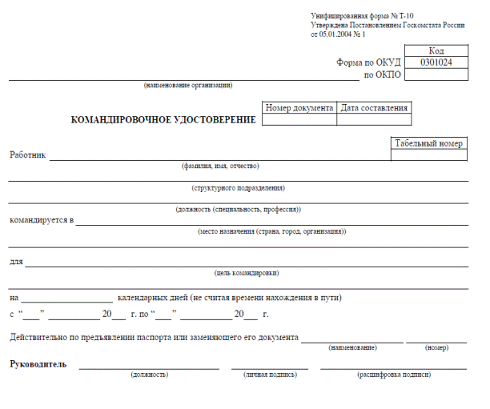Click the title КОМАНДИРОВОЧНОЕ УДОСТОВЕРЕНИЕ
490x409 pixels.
(x=164, y=120)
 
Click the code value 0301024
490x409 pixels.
(x=436, y=62)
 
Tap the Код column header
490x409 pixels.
(x=436, y=50)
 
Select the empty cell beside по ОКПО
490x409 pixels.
(x=436, y=75)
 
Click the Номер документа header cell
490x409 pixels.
(x=299, y=108)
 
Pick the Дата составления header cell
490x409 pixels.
(x=375, y=108)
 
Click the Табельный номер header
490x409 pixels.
(x=428, y=144)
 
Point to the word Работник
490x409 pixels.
(x=28, y=154)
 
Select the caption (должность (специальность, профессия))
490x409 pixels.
(x=238, y=210)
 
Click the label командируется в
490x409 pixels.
(x=42, y=219)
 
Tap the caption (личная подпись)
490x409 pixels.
(x=270, y=375)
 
